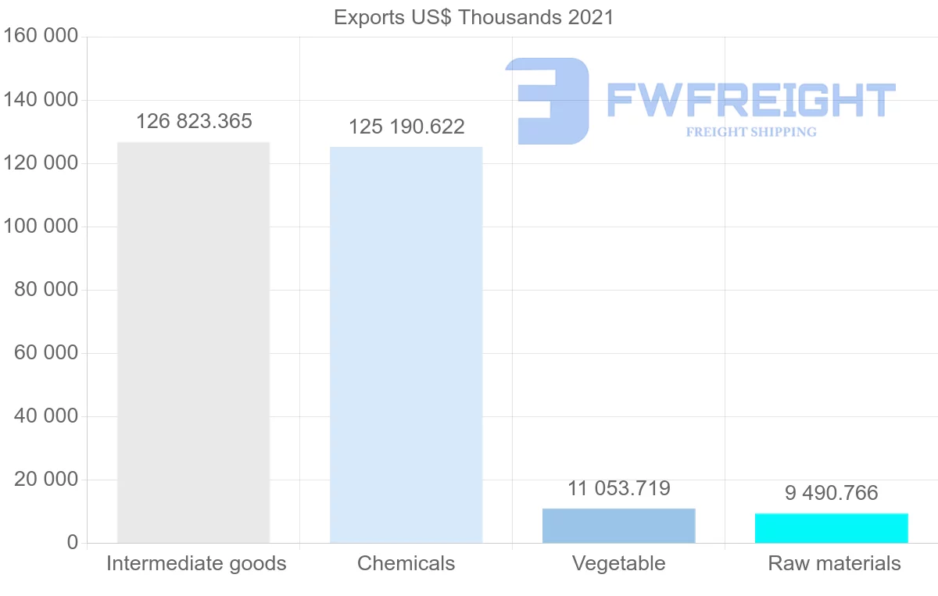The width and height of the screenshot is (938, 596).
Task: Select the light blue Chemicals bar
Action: click(x=406, y=344)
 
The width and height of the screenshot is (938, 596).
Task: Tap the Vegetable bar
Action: click(x=618, y=526)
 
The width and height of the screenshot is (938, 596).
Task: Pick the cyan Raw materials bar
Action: click(x=831, y=528)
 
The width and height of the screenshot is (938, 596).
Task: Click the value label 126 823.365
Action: click(x=194, y=122)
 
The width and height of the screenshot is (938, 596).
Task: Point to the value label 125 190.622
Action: click(x=406, y=127)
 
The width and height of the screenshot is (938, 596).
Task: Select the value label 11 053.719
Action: click(x=619, y=489)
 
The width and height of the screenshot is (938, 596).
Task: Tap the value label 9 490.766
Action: click(x=832, y=494)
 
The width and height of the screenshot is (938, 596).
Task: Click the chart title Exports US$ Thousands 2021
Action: click(x=474, y=17)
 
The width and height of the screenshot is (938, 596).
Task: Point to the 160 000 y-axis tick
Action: click(x=41, y=37)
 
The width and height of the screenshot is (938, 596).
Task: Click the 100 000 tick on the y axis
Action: click(x=41, y=227)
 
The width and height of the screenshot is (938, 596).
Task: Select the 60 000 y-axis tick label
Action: click(x=46, y=353)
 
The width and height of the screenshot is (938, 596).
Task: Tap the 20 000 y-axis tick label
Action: click(x=46, y=480)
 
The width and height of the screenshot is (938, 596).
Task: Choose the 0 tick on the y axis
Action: click(x=72, y=543)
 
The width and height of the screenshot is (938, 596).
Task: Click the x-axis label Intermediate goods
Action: click(x=196, y=563)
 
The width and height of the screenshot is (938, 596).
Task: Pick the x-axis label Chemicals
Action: click(x=406, y=563)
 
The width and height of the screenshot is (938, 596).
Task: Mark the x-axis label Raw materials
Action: click(x=834, y=563)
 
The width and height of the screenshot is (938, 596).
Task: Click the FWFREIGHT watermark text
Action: click(x=750, y=101)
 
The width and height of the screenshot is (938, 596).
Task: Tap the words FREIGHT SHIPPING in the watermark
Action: click(x=751, y=132)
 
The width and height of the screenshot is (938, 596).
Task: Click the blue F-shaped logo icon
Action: click(x=547, y=100)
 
